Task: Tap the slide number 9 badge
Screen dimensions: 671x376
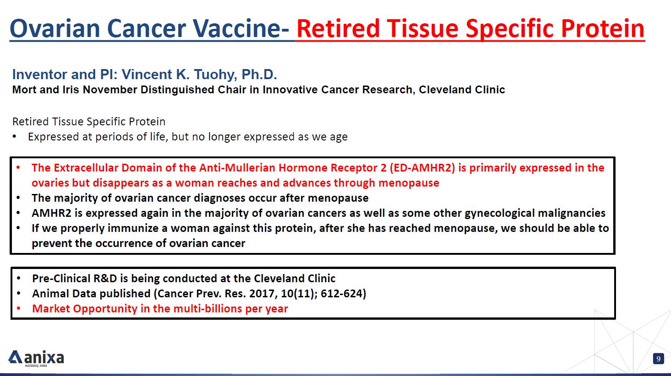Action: (659, 359)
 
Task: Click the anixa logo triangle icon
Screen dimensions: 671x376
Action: (15, 357)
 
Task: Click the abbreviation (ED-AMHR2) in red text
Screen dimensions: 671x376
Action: (422, 168)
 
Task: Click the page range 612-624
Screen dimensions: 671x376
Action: (343, 294)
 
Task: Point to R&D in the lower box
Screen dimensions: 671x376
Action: (105, 279)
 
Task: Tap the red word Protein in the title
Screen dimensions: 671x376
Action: (603, 28)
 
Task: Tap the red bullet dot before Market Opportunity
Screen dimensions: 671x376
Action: (19, 308)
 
